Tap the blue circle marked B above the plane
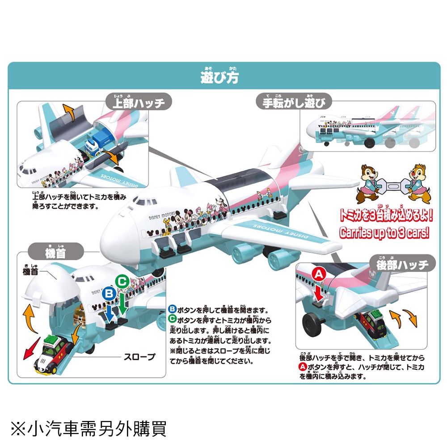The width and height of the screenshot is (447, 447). pos(109,295)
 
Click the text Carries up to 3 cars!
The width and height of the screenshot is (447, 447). pos(384,233)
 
